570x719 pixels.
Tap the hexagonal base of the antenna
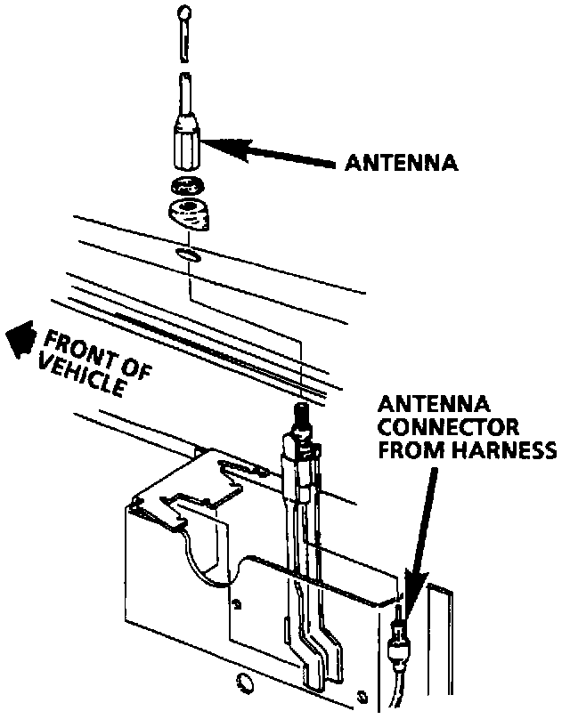[184, 144]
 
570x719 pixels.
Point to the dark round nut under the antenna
[186, 188]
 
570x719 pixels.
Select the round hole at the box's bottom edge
[243, 683]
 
